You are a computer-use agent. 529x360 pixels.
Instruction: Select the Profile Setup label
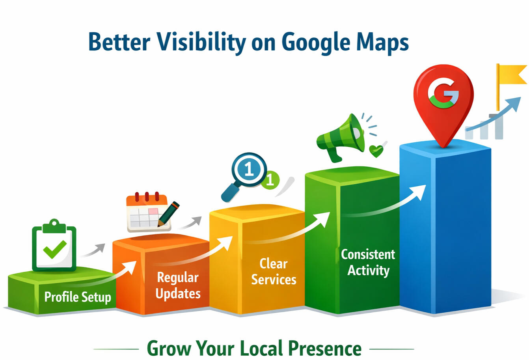[77, 297]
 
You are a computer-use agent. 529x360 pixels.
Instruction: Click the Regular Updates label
[178, 285]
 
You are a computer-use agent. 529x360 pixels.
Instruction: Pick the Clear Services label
[274, 272]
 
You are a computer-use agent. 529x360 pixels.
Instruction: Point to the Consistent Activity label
[368, 262]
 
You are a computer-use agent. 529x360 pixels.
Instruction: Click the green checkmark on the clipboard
[54, 249]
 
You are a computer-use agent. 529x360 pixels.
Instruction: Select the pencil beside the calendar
[168, 214]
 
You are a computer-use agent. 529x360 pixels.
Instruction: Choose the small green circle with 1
[270, 181]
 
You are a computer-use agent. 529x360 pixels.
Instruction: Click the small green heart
[376, 151]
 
